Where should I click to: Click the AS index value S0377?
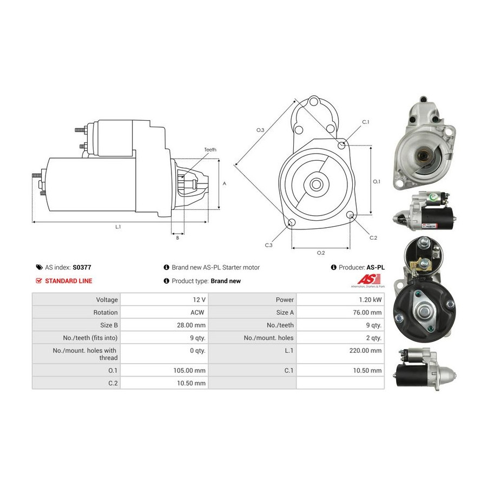point(82,267)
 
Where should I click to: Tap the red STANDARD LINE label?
point(69,281)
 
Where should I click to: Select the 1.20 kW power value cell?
point(340,300)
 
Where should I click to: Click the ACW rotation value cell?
point(164,312)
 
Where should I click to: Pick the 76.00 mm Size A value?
point(367,312)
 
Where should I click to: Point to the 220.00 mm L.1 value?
point(365,351)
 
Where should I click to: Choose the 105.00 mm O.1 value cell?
point(164,371)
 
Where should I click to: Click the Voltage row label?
point(107,300)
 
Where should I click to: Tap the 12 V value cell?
point(164,300)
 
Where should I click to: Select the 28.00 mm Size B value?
point(191,325)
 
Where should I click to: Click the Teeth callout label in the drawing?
point(210,150)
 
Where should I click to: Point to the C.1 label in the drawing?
point(366,122)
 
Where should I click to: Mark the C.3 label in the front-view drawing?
point(268,245)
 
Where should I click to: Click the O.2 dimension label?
point(321,253)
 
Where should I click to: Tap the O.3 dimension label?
point(260,130)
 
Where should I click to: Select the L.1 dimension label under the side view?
point(118,227)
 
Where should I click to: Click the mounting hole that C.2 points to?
point(350,215)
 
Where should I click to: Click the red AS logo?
point(369,279)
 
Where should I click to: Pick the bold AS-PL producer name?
point(376,267)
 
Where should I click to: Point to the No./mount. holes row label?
point(268,338)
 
